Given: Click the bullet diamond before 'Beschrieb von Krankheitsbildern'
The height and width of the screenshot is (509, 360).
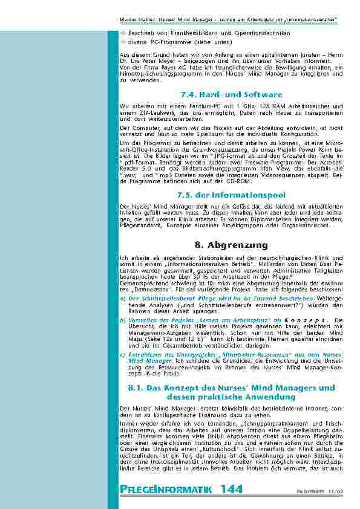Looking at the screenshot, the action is pyautogui.click(x=123, y=33).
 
